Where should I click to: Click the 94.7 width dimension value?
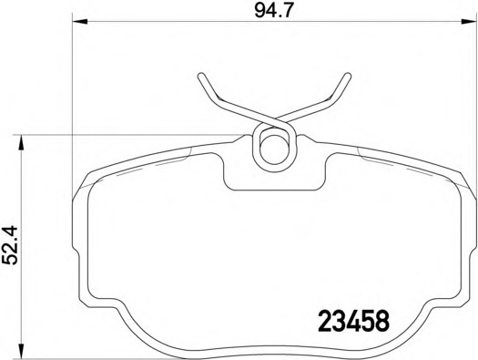pyautogui.click(x=273, y=11)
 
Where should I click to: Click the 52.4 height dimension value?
pyautogui.click(x=11, y=245)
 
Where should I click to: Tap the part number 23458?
pyautogui.click(x=353, y=321)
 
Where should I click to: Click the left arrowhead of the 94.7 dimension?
pyautogui.click(x=80, y=21)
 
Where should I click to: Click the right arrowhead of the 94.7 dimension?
pyautogui.click(x=469, y=21)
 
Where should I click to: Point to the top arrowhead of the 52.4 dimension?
pyautogui.click(x=21, y=143)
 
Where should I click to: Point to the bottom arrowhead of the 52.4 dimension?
pyautogui.click(x=21, y=351)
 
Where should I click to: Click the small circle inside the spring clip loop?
pyautogui.click(x=274, y=149)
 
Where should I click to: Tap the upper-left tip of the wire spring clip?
pyautogui.click(x=201, y=76)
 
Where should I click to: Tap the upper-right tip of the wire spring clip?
pyautogui.click(x=348, y=76)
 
